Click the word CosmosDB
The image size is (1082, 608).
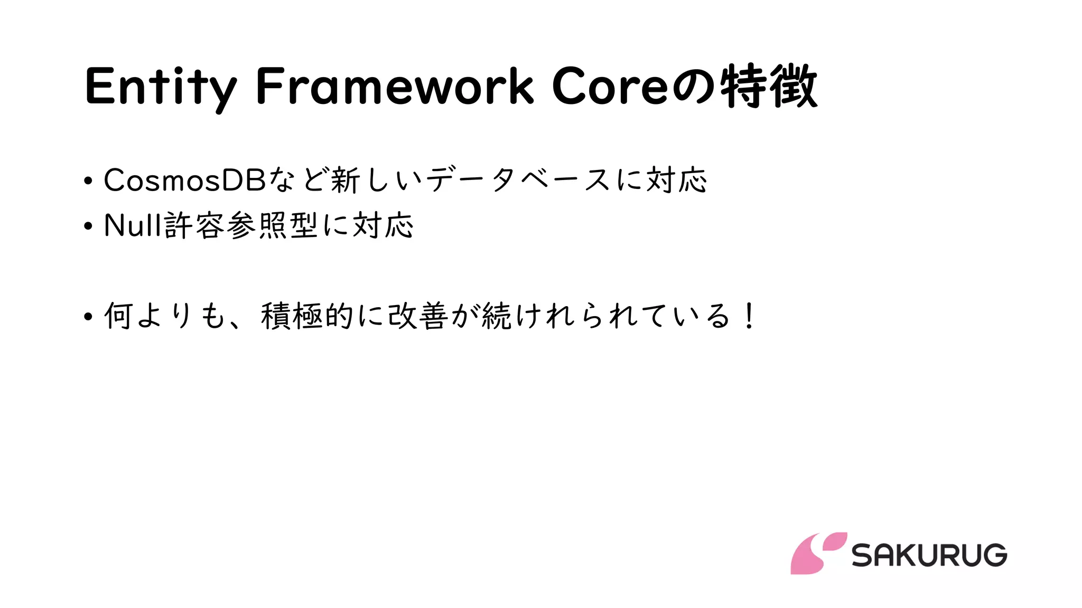click(184, 180)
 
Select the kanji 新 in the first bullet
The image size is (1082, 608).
click(345, 180)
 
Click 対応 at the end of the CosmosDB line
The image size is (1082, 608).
click(676, 180)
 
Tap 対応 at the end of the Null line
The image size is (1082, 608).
click(383, 226)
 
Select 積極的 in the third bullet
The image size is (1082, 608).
click(307, 317)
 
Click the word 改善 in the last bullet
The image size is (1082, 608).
click(418, 317)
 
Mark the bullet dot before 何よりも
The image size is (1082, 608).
click(88, 317)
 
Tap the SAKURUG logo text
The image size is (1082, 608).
click(929, 555)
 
